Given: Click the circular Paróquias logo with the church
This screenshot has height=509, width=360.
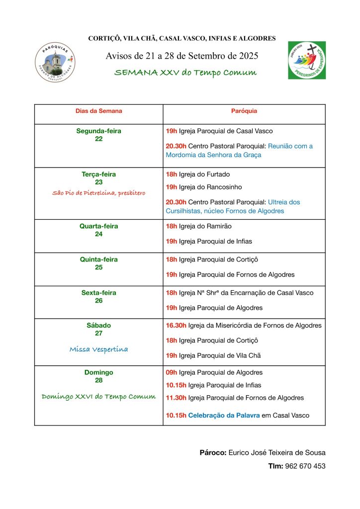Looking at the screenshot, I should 55,62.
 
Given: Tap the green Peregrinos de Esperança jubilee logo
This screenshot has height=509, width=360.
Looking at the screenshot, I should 307,60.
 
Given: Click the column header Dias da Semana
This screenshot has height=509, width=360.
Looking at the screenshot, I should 98,111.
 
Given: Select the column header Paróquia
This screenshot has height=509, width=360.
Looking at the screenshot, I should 244,111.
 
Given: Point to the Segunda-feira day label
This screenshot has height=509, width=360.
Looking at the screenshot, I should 98,131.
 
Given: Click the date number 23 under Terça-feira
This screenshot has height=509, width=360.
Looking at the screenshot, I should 98,182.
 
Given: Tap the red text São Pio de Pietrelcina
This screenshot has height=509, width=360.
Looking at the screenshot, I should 98,193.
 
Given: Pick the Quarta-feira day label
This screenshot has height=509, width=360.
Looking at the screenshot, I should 98,226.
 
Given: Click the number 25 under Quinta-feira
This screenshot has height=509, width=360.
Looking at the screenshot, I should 98,267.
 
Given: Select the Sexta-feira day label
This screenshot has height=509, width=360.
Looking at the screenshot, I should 98,293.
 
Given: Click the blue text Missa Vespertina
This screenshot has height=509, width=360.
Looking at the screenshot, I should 98,349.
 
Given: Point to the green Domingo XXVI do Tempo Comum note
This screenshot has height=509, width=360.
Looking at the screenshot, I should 98,396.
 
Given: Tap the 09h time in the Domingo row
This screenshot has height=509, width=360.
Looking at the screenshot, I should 172,372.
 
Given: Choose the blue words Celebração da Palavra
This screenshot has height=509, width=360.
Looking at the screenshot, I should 224,416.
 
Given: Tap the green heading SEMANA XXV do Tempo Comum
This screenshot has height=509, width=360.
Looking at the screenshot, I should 185,73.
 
